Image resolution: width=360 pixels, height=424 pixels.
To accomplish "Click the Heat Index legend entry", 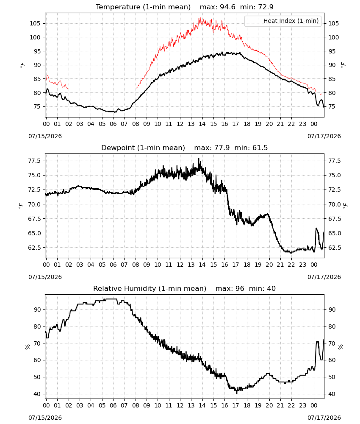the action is coord(283,21).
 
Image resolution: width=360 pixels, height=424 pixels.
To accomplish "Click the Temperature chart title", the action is coord(143,7).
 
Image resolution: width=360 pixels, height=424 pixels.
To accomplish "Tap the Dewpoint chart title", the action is coord(143,148).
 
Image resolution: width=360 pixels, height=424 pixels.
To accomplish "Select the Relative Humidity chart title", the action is coord(150,288).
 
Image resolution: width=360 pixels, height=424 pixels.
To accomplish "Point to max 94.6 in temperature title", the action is coord(217,7).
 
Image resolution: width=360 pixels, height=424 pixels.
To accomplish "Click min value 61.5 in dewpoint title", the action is coord(251,148).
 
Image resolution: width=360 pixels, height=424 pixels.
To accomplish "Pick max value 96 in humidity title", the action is coord(230,288).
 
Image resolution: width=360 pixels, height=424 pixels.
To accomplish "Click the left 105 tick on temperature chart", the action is coord(35,23).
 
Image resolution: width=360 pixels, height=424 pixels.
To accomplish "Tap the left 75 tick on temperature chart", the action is coord(37,106).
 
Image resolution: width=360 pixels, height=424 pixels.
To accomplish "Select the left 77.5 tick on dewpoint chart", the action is coord(34,161).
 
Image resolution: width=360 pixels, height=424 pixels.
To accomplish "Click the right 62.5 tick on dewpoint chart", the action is coord(335,248).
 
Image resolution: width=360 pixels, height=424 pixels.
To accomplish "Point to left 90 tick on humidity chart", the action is coord(37,310).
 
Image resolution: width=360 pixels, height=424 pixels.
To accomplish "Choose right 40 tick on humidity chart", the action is coord(332,394).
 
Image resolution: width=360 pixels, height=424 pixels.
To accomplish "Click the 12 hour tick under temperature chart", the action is coord(180,124).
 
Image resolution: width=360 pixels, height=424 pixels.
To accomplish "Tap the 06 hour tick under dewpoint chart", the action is coord(113,265).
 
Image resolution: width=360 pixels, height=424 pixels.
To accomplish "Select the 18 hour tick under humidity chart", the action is coord(247,405).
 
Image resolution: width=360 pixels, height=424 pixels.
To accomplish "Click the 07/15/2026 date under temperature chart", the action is coord(45,136).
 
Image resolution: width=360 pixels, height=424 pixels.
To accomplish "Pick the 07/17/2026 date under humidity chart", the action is coord(324,418).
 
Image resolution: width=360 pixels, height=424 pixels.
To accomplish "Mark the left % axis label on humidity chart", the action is coord(27,347).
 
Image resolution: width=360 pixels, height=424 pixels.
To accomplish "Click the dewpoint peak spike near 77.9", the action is coord(199,159).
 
